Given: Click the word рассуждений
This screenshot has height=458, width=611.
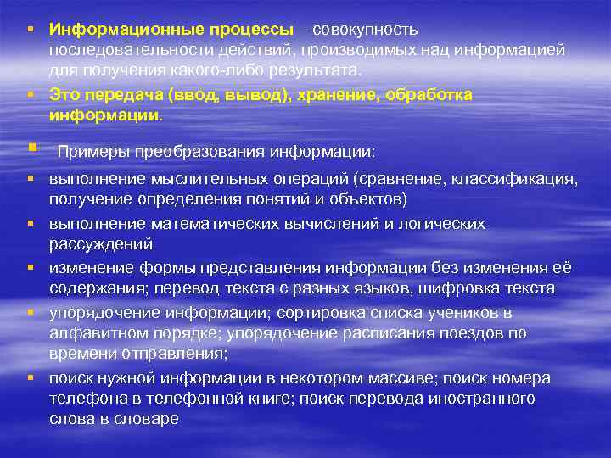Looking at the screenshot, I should pyautogui.click(x=101, y=244).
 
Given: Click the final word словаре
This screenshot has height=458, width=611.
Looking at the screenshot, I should pyautogui.click(x=149, y=418).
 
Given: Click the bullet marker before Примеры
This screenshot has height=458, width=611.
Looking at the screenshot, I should pyautogui.click(x=31, y=149).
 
